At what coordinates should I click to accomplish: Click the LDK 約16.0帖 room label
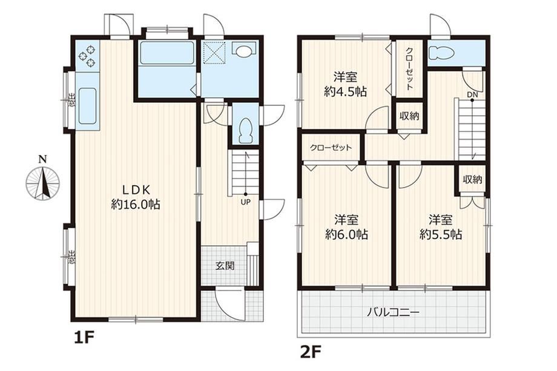pyautogui.click(x=136, y=197)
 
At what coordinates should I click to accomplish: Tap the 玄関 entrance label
pyautogui.click(x=225, y=265)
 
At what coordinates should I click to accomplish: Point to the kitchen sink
pyautogui.click(x=87, y=105)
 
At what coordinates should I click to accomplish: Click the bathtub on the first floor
pyautogui.click(x=167, y=53)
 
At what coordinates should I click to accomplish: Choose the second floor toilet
pyautogui.click(x=441, y=53)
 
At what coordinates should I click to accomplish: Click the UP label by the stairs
pyautogui.click(x=245, y=202)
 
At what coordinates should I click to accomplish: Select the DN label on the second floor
pyautogui.click(x=472, y=95)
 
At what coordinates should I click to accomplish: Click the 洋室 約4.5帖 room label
pyautogui.click(x=345, y=84)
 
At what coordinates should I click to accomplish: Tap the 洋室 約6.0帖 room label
pyautogui.click(x=346, y=227)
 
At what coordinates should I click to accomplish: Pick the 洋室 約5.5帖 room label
pyautogui.click(x=441, y=227)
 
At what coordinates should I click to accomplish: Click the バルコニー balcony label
pyautogui.click(x=394, y=313)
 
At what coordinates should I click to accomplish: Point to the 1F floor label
pyautogui.click(x=83, y=338)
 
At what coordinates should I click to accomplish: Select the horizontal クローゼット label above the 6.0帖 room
pyautogui.click(x=331, y=147)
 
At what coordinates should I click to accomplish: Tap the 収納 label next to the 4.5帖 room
pyautogui.click(x=409, y=116)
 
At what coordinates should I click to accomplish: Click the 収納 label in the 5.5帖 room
pyautogui.click(x=472, y=180)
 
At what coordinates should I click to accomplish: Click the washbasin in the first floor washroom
pyautogui.click(x=243, y=50)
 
